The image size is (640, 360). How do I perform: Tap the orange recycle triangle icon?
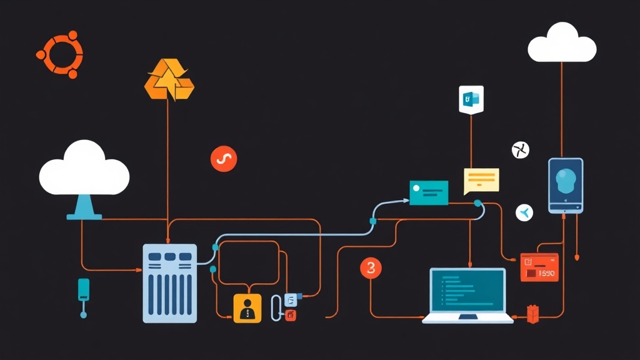pyautogui.click(x=169, y=81)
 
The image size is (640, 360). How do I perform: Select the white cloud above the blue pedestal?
pyautogui.click(x=84, y=167)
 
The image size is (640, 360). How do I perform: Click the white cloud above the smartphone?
pyautogui.click(x=562, y=43)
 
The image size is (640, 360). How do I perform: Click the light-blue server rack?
pyautogui.click(x=169, y=282)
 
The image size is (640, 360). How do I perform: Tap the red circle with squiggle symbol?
pyautogui.click(x=224, y=159)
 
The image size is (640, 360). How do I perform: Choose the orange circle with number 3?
pyautogui.click(x=371, y=269)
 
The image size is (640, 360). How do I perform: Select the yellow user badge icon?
pyautogui.click(x=247, y=308)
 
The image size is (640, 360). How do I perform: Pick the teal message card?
pyautogui.click(x=429, y=192)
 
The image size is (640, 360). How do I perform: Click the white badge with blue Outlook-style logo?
pyautogui.click(x=471, y=99)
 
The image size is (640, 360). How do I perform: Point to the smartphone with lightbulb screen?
pyautogui.click(x=566, y=185)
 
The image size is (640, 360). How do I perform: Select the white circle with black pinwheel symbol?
pyautogui.click(x=521, y=149)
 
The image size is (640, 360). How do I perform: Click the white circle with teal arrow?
pyautogui.click(x=524, y=212)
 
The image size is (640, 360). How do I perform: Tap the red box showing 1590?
pyautogui.click(x=539, y=267)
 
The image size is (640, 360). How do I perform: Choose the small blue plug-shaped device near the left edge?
pyautogui.click(x=83, y=289)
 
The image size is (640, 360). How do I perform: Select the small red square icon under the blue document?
pyautogui.click(x=290, y=316)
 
